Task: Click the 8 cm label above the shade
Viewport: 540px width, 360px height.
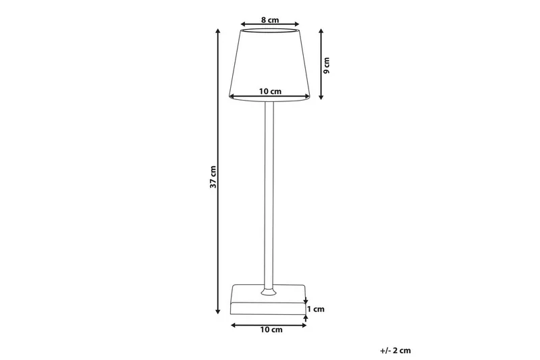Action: (x=270, y=20)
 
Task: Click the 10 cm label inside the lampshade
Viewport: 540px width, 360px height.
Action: (x=270, y=91)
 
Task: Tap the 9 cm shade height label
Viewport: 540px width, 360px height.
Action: (x=327, y=63)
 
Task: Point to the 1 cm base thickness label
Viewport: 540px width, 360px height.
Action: (x=317, y=309)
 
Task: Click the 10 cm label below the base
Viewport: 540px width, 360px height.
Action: (x=270, y=330)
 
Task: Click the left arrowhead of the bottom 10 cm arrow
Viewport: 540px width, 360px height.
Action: (x=233, y=326)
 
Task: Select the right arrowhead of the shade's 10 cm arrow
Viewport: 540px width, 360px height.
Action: (x=307, y=97)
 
